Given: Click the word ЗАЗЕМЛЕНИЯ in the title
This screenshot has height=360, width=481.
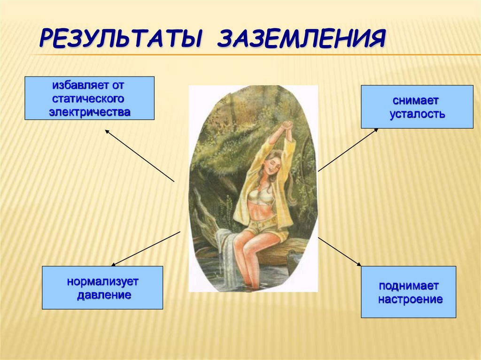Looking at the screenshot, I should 301,39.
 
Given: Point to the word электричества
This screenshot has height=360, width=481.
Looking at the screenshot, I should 89,112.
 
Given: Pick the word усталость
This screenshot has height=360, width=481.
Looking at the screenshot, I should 417,114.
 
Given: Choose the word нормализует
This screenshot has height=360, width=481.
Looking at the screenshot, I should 103,283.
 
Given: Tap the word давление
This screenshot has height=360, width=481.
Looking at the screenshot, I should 103,296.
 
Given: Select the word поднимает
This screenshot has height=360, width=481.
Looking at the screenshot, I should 409,286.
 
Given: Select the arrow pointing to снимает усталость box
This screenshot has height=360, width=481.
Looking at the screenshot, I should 348,150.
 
